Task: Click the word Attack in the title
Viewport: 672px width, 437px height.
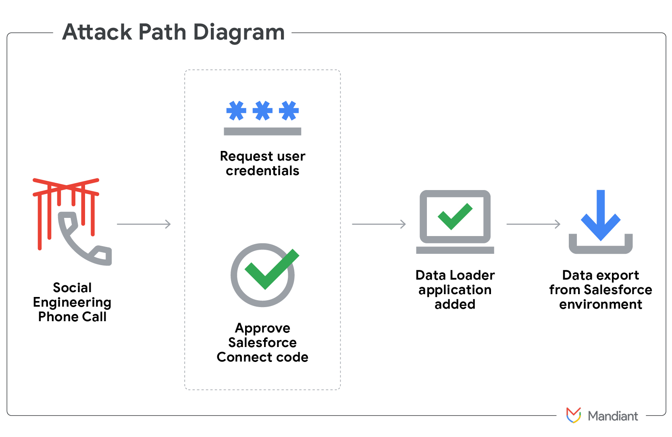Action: [x=97, y=32]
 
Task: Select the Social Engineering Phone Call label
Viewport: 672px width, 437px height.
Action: [x=72, y=302]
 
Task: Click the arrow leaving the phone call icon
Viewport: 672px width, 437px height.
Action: [x=144, y=224]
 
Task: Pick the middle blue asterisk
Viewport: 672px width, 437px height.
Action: [x=262, y=111]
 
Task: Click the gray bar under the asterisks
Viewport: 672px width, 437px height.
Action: [x=262, y=131]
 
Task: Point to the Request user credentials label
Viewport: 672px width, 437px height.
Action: [x=262, y=163]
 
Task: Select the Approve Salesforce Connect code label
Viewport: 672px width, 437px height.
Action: [x=262, y=343]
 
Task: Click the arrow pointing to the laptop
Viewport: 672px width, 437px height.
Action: [x=379, y=224]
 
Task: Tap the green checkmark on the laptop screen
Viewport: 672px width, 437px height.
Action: [x=455, y=216]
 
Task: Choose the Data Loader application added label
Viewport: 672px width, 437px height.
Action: [x=455, y=290]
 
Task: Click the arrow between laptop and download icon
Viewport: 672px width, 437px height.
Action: [x=533, y=224]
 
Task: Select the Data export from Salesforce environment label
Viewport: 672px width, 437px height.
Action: [x=601, y=290]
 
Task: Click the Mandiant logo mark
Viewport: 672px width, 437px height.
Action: [x=573, y=415]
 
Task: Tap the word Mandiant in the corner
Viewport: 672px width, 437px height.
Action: [x=613, y=416]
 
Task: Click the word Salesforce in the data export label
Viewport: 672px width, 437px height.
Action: [x=618, y=290]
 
